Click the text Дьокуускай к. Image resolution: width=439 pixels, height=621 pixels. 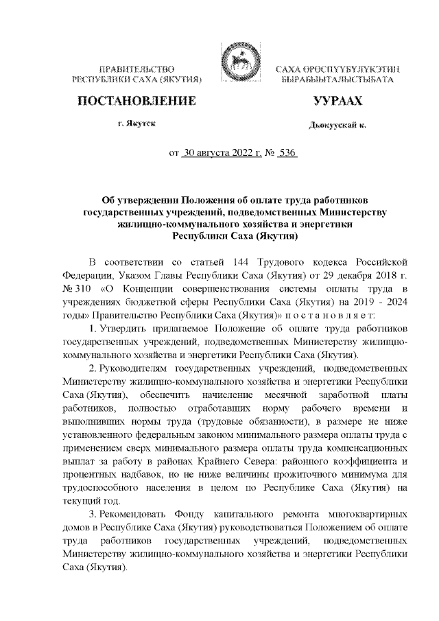337,126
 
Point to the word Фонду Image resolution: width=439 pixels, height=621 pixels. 201,514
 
